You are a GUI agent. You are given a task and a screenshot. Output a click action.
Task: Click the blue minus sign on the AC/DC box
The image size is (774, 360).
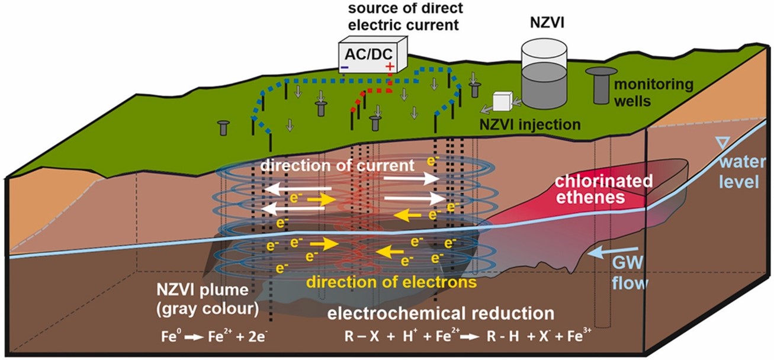pos(345,69)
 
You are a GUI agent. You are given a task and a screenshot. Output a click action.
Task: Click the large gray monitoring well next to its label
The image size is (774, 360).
pos(602,85)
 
